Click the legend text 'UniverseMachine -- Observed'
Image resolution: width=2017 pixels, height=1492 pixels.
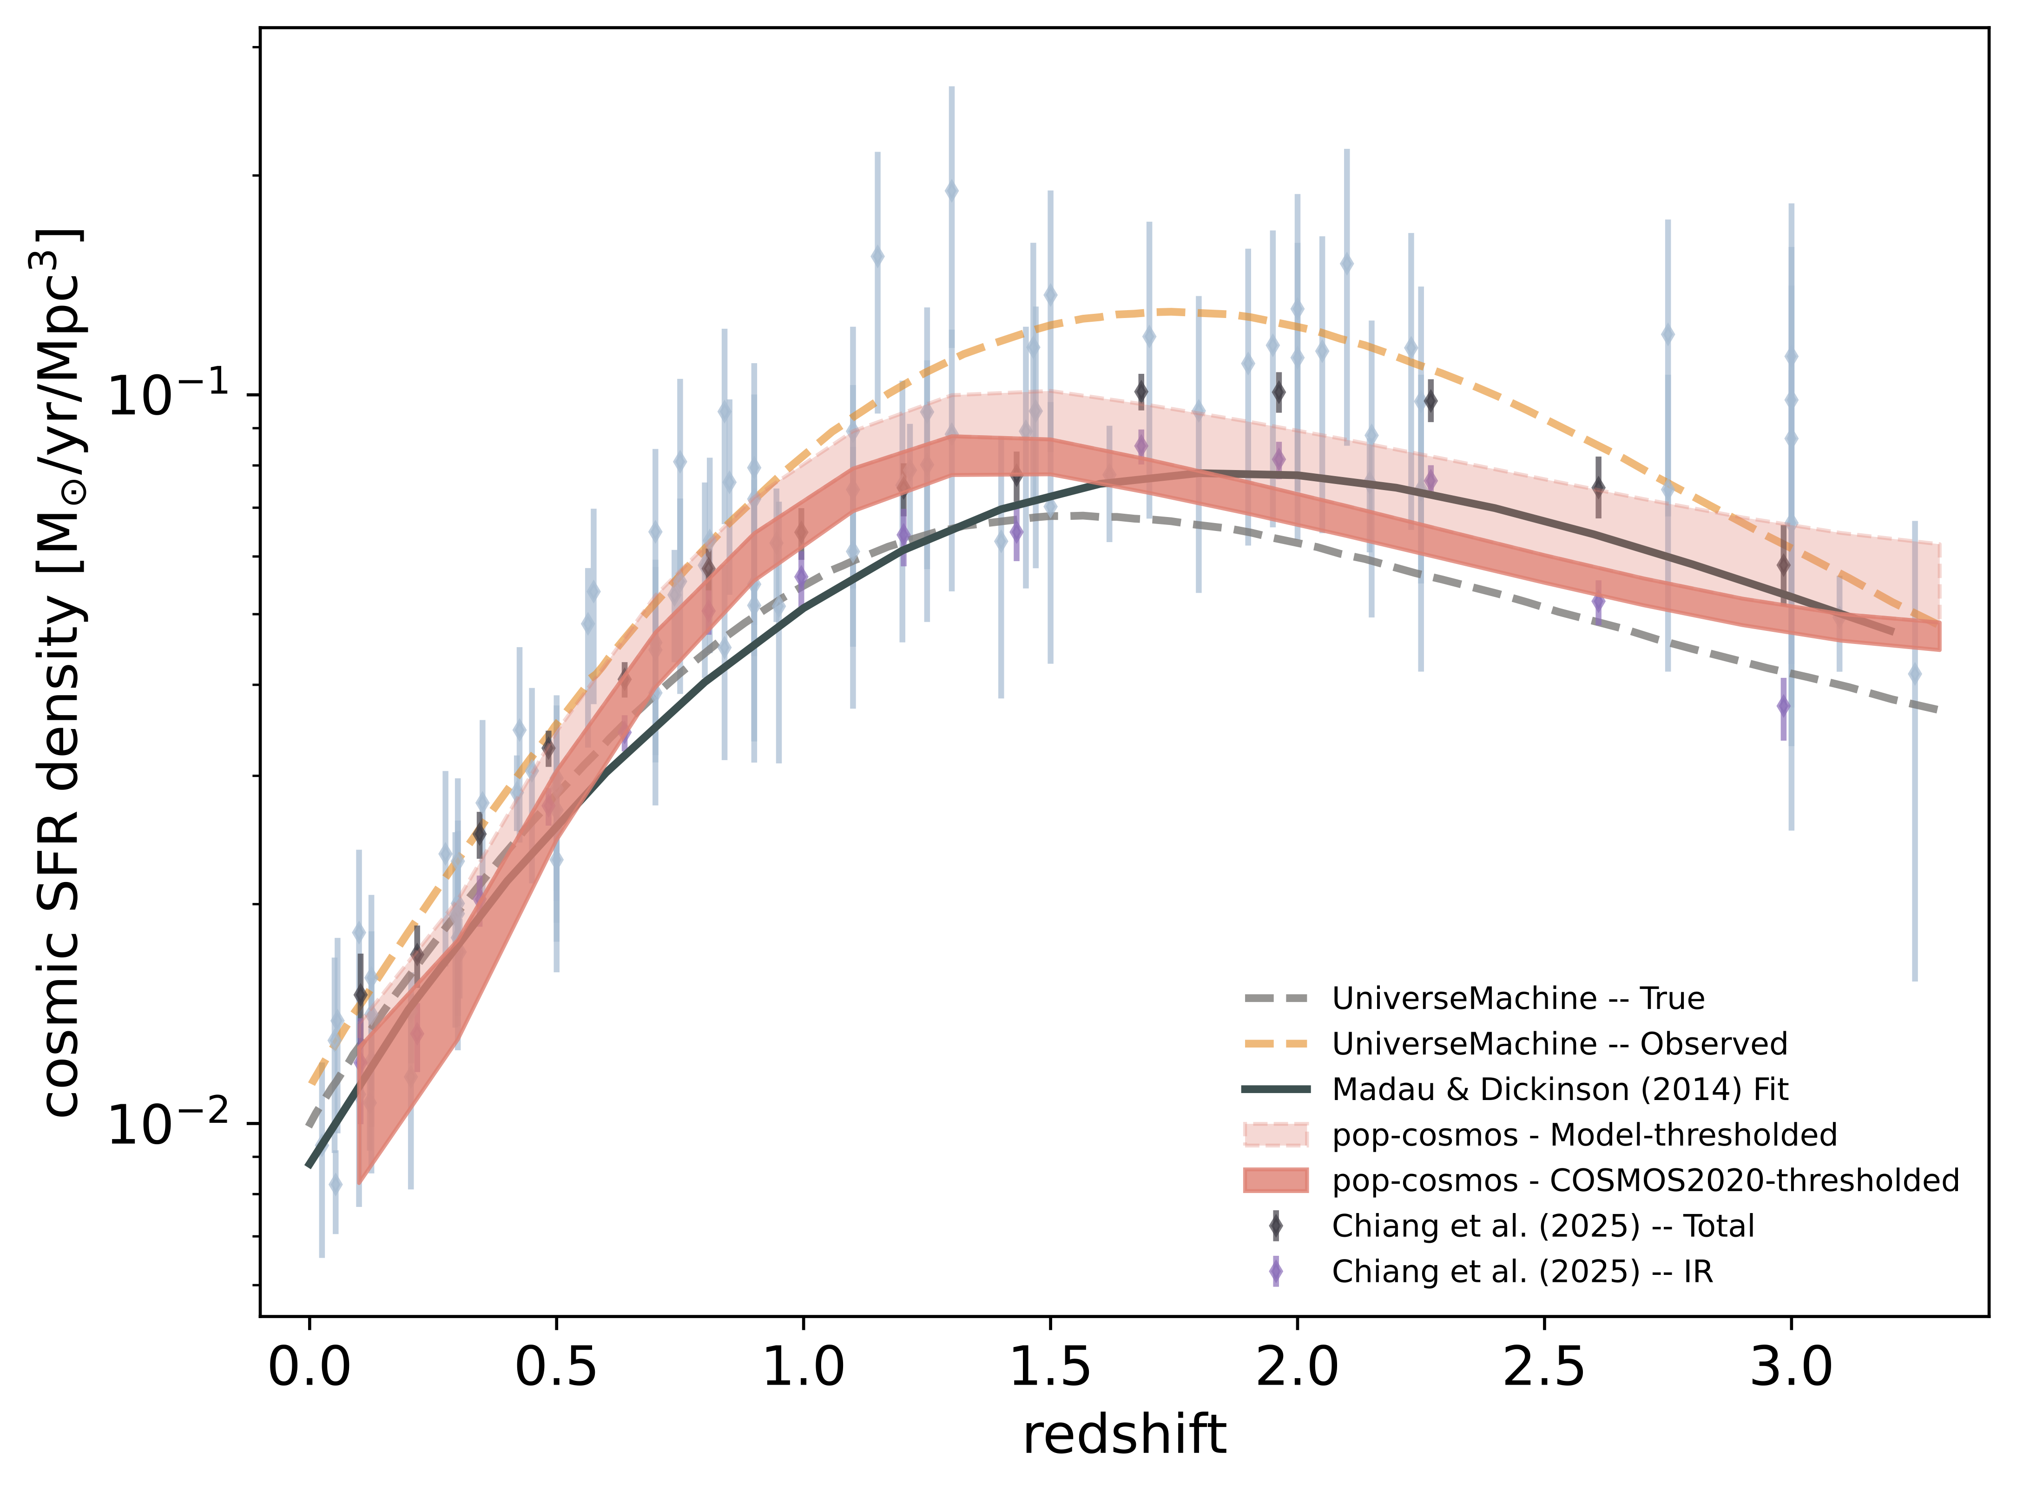[1559, 1044]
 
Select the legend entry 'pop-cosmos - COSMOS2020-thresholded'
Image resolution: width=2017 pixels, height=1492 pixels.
[1645, 1180]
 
